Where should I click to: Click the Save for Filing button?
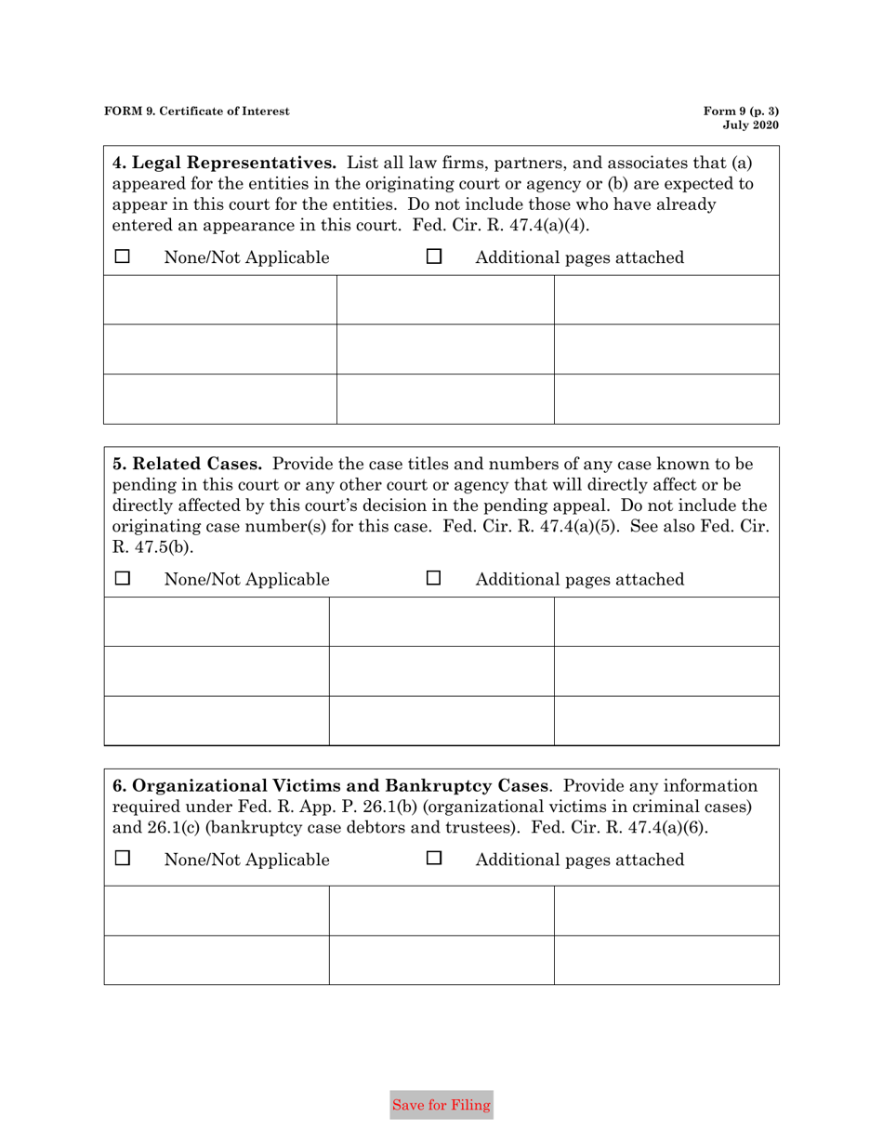pos(441,1105)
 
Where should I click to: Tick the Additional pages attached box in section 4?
pos(434,256)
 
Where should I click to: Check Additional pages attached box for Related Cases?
pos(434,580)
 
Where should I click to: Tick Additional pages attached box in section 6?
pos(434,860)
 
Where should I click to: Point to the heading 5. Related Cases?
pos(188,463)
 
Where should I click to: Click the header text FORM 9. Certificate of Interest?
pos(196,112)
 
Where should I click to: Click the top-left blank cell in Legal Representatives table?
pos(220,299)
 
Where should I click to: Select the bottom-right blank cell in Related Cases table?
pos(666,720)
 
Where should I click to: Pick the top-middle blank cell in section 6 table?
pos(441,910)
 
